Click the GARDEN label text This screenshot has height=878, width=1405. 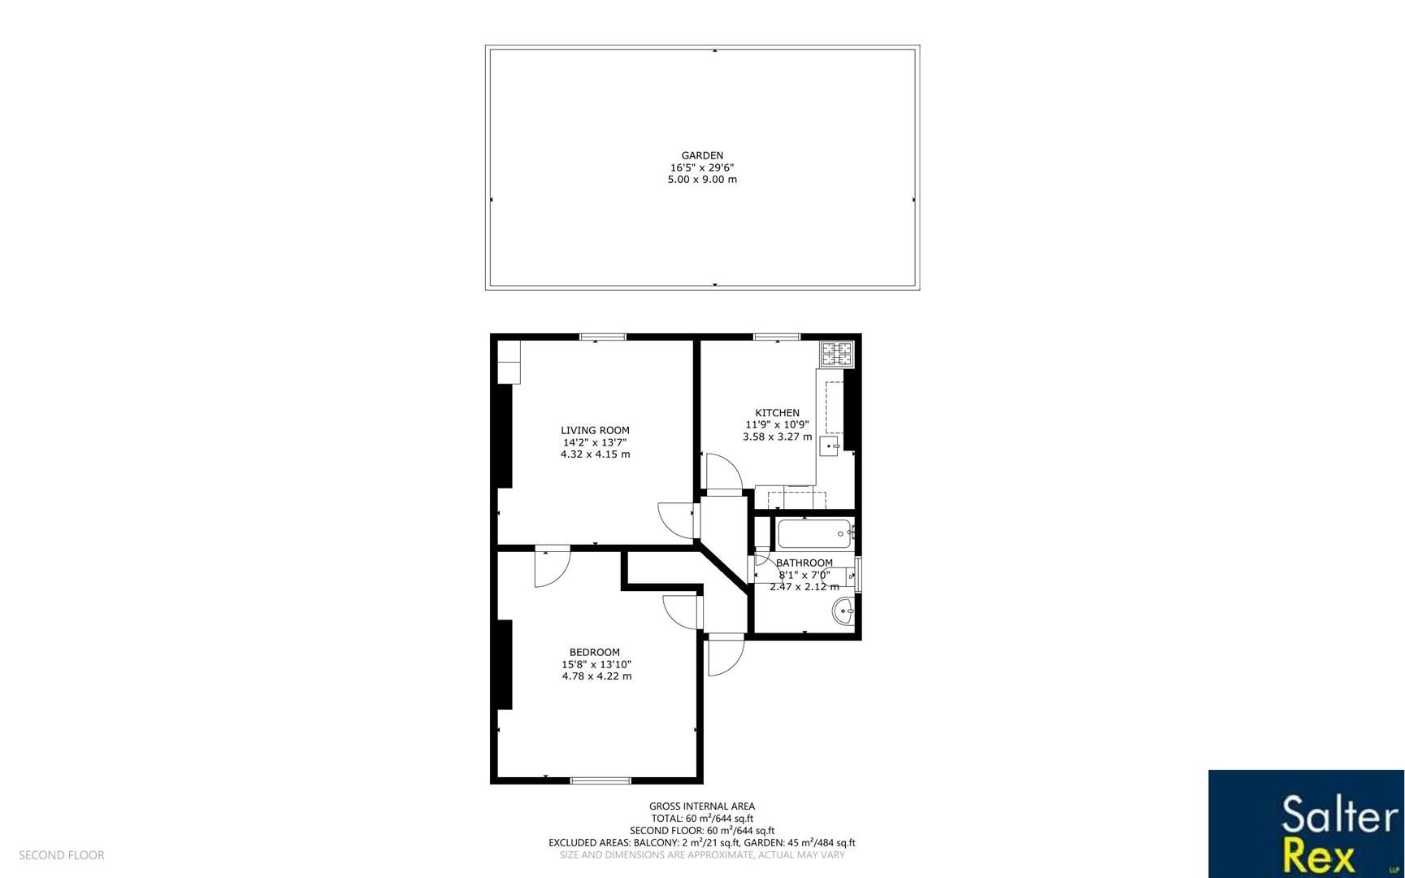click(x=702, y=155)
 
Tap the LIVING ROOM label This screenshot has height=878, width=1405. click(x=595, y=430)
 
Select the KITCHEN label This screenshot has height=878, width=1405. click(x=777, y=413)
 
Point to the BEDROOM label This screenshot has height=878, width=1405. click(x=594, y=652)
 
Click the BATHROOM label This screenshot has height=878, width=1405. click(x=804, y=563)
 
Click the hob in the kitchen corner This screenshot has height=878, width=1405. click(x=837, y=354)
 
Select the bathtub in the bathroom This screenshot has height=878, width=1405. click(x=814, y=534)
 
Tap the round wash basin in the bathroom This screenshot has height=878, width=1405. click(x=843, y=611)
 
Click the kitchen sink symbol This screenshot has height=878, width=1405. click(x=829, y=446)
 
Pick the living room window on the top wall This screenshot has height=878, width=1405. click(x=602, y=337)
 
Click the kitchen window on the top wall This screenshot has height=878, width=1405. click(x=776, y=337)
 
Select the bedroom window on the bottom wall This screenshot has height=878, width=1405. click(x=601, y=780)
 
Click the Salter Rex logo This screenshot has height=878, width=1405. click(x=1306, y=824)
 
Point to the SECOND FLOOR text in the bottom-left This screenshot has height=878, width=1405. click(x=62, y=855)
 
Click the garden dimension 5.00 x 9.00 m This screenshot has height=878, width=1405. click(x=702, y=180)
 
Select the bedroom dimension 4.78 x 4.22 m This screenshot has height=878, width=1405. click(x=596, y=676)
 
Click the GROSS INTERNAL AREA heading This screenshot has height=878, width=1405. click(x=702, y=806)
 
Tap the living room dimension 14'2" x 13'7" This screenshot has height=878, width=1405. click(x=595, y=442)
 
